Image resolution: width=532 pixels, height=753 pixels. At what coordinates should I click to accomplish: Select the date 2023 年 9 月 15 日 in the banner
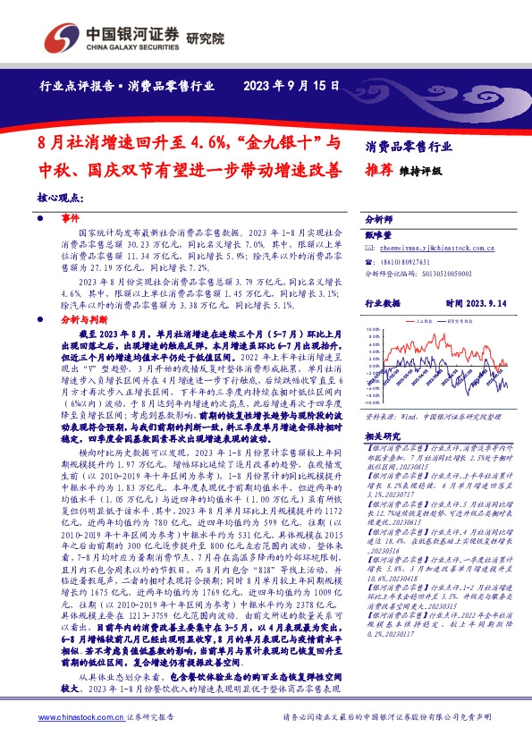(x=291, y=87)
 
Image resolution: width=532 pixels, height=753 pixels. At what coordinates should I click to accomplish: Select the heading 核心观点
(x=60, y=198)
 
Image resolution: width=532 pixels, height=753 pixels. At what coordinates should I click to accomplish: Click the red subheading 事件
(x=71, y=218)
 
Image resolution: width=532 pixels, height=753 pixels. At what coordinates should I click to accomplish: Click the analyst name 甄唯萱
(x=380, y=235)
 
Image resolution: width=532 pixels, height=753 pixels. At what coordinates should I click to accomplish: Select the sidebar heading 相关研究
(x=385, y=436)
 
